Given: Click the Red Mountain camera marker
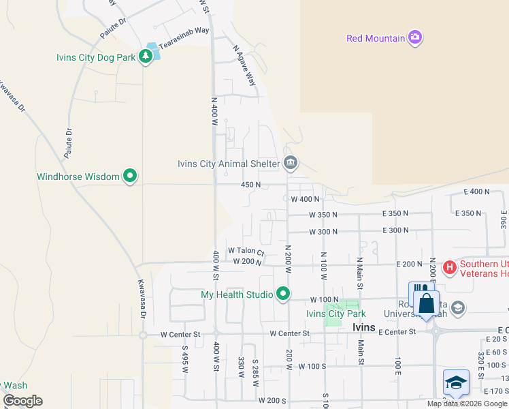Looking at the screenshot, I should pos(415,38).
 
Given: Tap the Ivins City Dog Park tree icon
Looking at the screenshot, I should pos(145,57).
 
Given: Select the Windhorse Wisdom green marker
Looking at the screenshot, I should pos(130,177).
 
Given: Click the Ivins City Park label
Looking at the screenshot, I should pos(335,314).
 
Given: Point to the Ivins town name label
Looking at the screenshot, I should pos(364,327).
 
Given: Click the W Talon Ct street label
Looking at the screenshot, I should pos(246,251).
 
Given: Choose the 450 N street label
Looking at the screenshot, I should pos(251,185).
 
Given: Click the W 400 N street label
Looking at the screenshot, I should pos(305,200).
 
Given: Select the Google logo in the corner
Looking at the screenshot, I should pos(22,401).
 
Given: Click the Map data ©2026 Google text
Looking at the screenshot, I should pos(467,404).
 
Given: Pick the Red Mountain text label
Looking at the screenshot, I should pos(376,38).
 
